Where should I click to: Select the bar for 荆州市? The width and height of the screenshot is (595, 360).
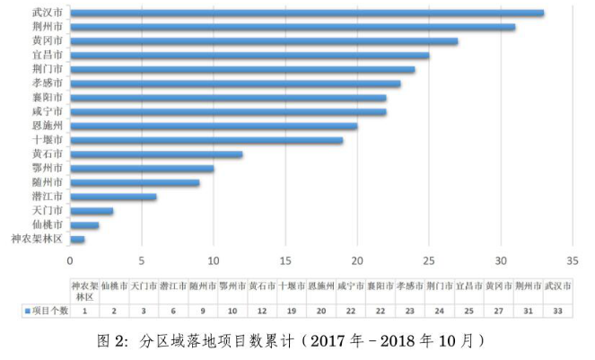pyautogui.click(x=293, y=27)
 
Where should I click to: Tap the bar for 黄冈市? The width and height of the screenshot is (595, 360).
pyautogui.click(x=264, y=41)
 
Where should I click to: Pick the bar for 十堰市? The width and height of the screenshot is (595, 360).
pyautogui.click(x=206, y=140)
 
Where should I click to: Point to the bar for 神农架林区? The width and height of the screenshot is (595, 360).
pyautogui.click(x=77, y=240)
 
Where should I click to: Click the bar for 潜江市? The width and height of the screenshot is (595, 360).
pyautogui.click(x=113, y=197)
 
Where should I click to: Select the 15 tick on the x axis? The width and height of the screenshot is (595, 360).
pyautogui.click(x=285, y=261)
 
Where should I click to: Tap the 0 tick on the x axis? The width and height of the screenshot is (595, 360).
pyautogui.click(x=70, y=261)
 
